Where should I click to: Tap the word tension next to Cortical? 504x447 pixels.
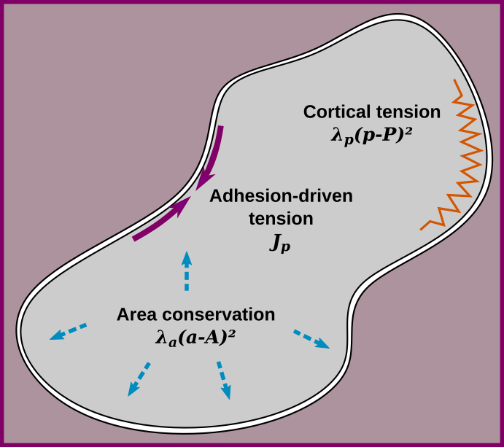407,112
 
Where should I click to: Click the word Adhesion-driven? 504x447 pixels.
281,196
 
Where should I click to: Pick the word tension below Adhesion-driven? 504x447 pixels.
281,219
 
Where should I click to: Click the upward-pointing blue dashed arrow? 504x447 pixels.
187,271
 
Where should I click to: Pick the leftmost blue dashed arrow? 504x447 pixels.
68,332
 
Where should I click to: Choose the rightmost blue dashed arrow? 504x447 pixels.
311,340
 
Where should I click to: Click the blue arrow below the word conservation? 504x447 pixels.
223,380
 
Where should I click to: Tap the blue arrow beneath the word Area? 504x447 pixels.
139,379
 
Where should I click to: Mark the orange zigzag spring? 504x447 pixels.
457,157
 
